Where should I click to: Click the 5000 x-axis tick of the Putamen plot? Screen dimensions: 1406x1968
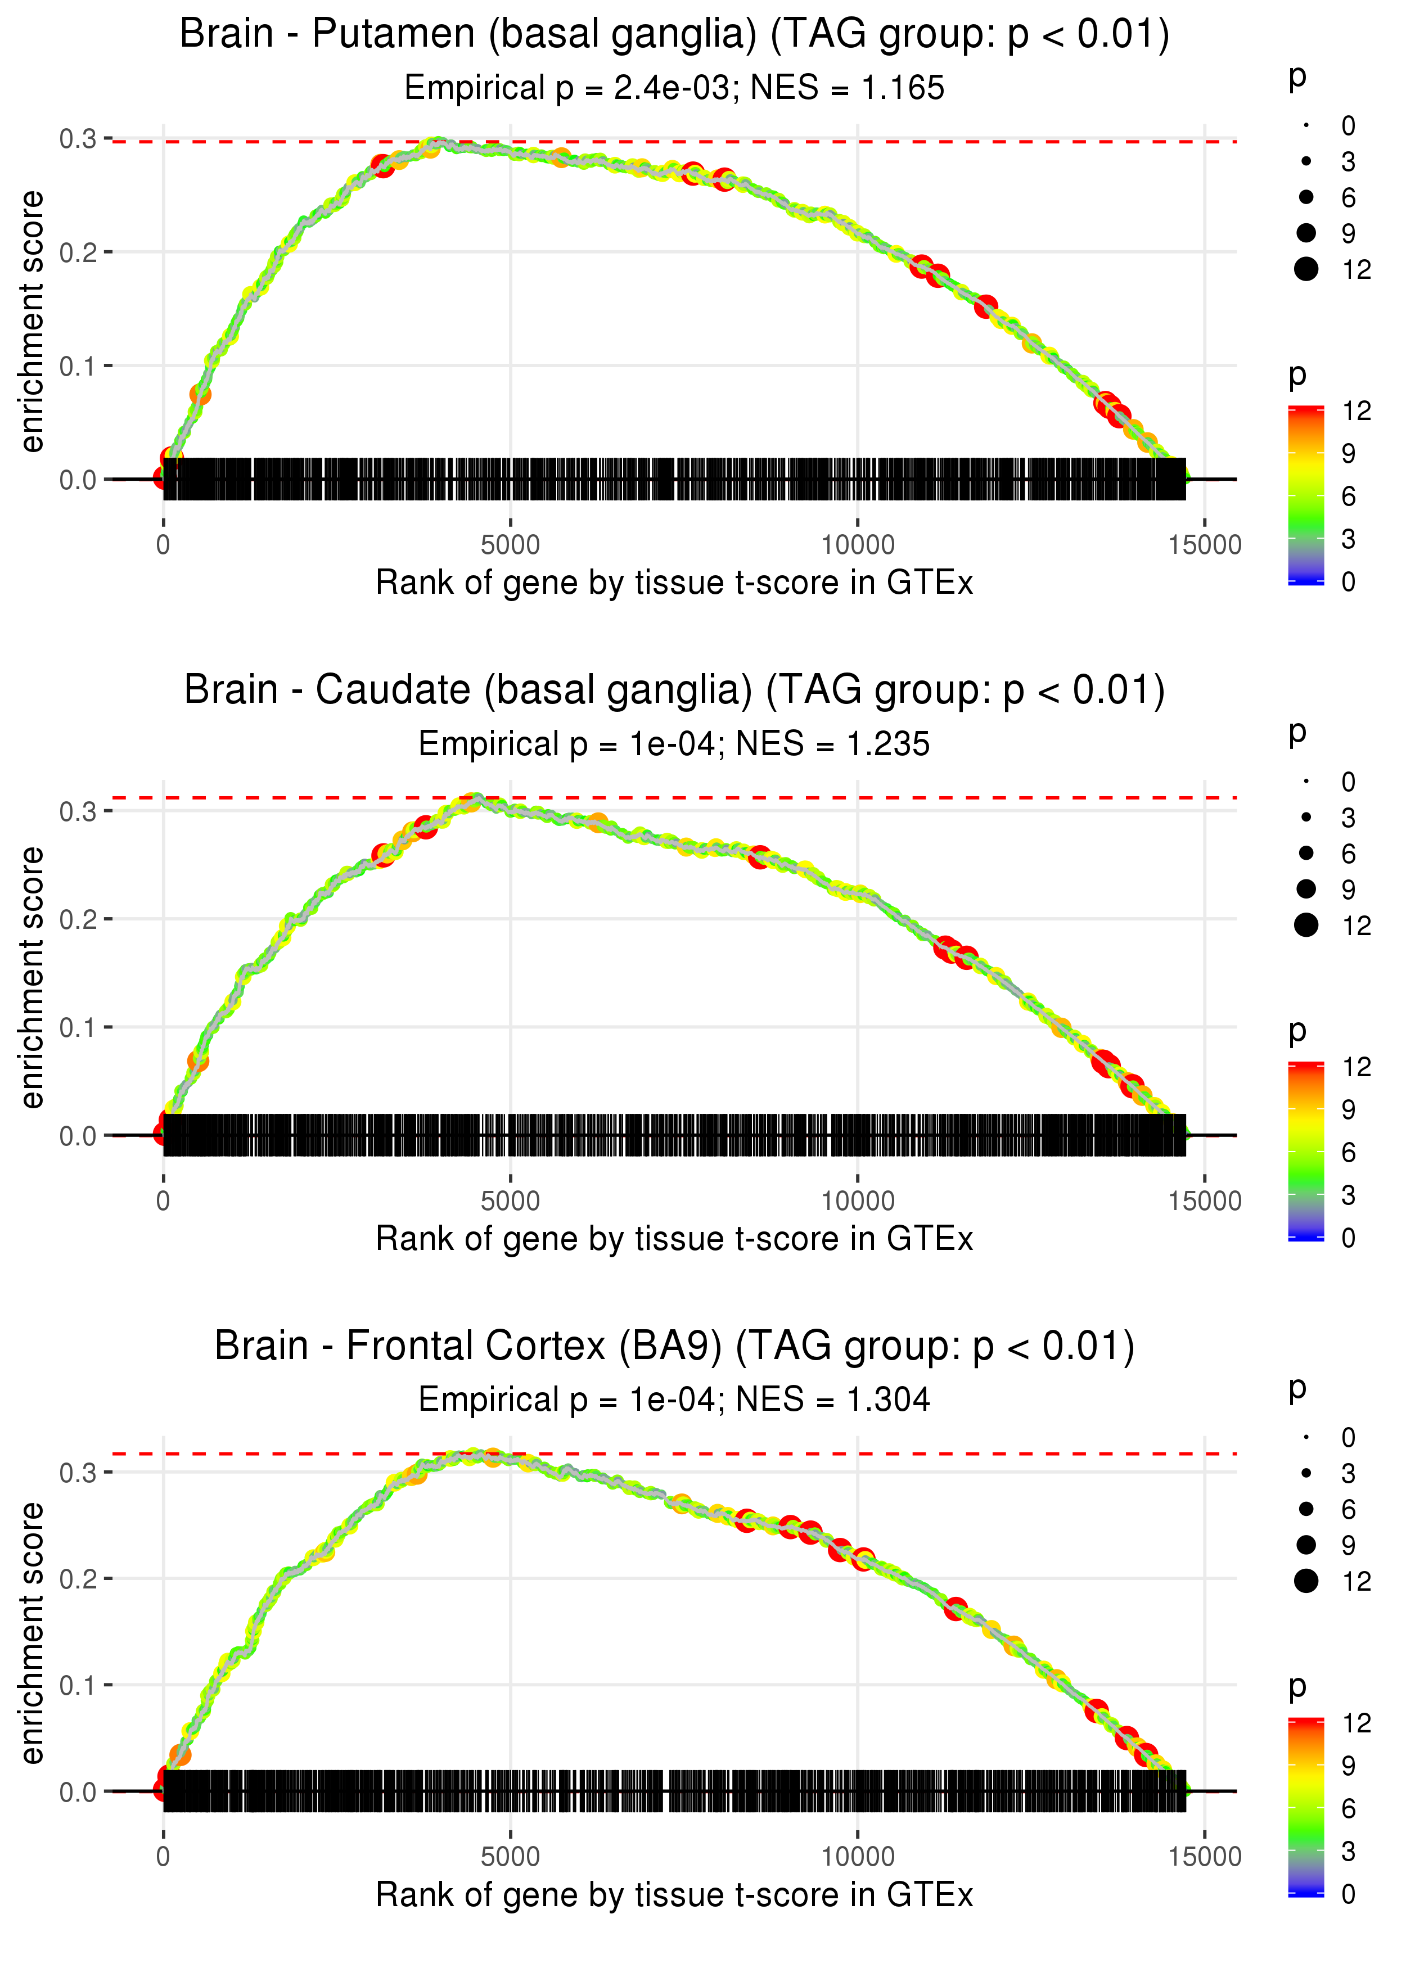click(510, 545)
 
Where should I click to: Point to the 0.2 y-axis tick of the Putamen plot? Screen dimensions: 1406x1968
click(78, 252)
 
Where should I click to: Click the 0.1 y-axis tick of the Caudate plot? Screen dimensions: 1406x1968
click(78, 1028)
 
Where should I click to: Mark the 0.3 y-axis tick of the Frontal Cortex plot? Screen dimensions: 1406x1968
click(78, 1472)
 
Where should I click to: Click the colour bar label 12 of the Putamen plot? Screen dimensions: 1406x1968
click(1356, 411)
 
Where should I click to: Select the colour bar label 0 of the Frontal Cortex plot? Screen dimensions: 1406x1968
click(1348, 1894)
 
